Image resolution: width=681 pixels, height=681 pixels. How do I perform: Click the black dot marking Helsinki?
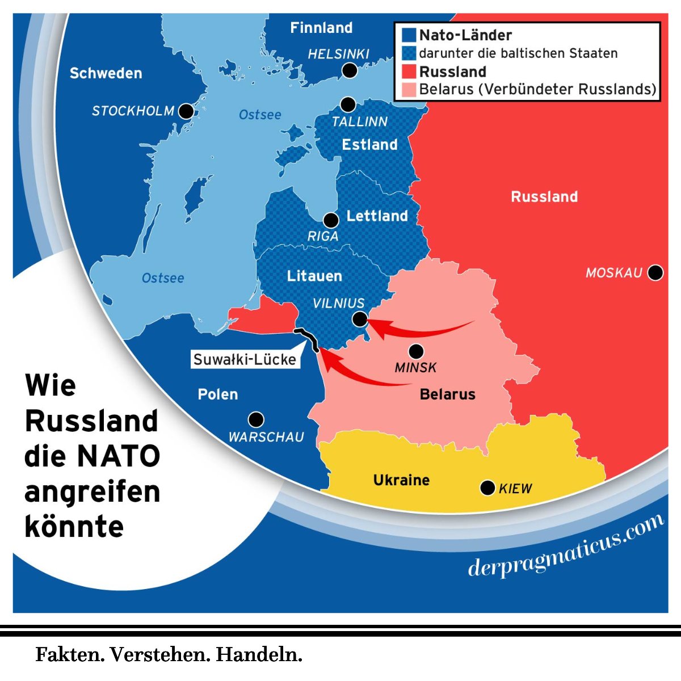pos(350,70)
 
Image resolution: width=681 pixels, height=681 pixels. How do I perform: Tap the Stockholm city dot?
pos(186,111)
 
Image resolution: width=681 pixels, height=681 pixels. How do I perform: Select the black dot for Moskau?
pos(655,273)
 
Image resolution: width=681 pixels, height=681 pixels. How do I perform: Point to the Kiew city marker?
pos(487,487)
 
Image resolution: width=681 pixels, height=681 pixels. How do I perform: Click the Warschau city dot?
pos(256,419)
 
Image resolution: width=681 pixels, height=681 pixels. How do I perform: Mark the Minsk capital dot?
pos(416,351)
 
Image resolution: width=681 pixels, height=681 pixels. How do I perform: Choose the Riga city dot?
pos(331,220)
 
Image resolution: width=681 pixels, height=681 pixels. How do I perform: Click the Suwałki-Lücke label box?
pos(245,360)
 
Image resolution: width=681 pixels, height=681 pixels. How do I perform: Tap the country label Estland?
pos(369,145)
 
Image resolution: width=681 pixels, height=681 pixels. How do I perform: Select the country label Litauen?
pos(314,276)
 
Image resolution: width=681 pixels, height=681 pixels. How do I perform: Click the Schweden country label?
pos(106,73)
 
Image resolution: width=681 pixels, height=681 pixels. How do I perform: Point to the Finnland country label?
pos(321,28)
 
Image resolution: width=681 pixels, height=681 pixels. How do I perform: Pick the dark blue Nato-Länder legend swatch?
pos(409,35)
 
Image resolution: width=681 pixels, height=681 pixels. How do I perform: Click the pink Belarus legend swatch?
pos(409,90)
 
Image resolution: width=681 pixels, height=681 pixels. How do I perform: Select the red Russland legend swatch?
pos(409,72)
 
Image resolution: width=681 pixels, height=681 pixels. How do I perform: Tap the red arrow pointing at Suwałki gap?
pos(363,375)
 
